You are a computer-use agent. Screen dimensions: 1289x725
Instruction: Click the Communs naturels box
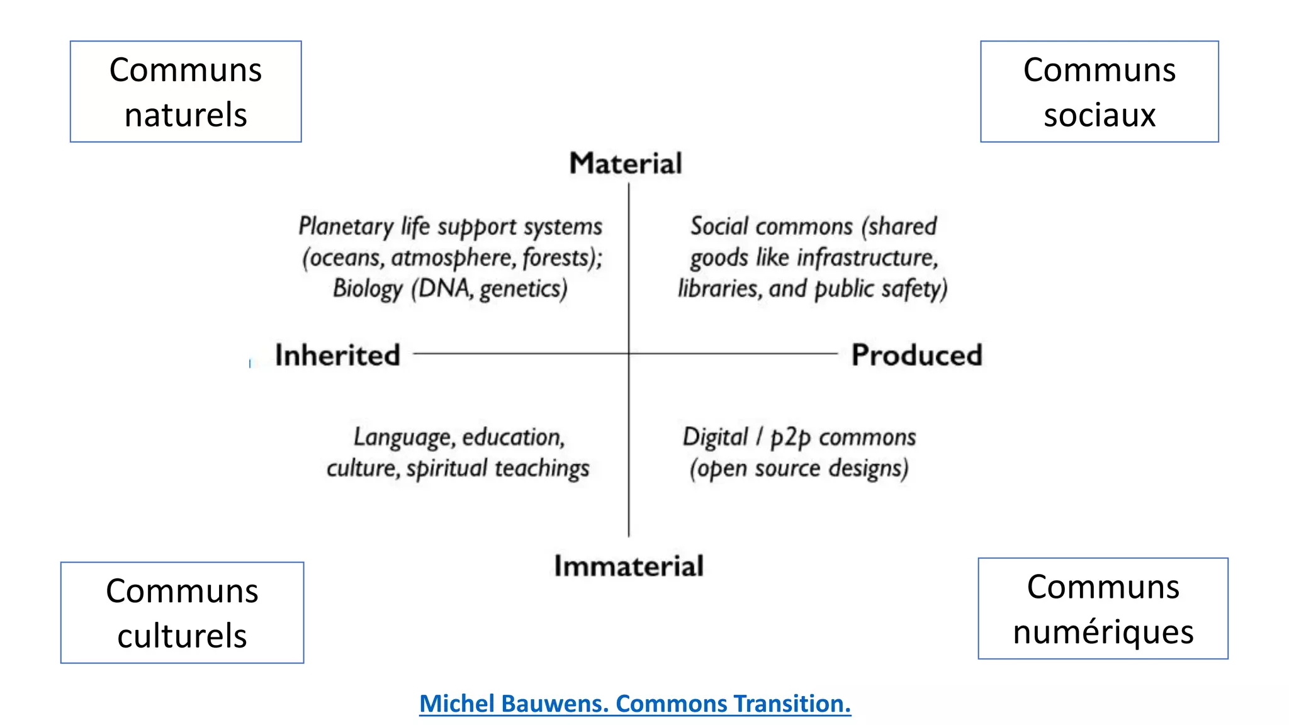pyautogui.click(x=186, y=92)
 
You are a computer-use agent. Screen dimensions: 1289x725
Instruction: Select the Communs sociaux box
pyautogui.click(x=1099, y=92)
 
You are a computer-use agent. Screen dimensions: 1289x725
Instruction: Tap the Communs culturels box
pyautogui.click(x=182, y=612)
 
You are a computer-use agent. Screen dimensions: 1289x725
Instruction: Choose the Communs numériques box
pyautogui.click(x=1103, y=609)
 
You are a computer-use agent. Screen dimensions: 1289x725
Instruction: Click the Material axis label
pyautogui.click(x=626, y=164)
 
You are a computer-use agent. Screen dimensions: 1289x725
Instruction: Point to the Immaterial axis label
pyautogui.click(x=629, y=566)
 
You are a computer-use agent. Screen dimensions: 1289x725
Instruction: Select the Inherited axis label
pyautogui.click(x=337, y=355)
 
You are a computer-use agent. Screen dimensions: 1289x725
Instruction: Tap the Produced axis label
pyautogui.click(x=916, y=355)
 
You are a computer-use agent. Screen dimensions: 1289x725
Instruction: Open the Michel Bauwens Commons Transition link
pyautogui.click(x=635, y=704)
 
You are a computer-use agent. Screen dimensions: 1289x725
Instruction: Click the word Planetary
pyautogui.click(x=346, y=227)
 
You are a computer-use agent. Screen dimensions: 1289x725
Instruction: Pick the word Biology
pyautogui.click(x=368, y=289)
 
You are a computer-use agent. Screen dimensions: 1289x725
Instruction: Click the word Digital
pyautogui.click(x=715, y=437)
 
